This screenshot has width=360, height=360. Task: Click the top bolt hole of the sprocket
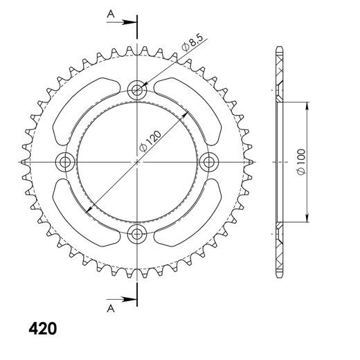coord(137,89)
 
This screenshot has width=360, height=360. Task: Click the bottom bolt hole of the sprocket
coord(137,233)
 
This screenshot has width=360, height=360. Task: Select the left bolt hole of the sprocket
coord(66,161)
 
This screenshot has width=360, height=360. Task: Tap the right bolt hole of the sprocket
coord(208,161)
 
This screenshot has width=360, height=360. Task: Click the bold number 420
coord(43,327)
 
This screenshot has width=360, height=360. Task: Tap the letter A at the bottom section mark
coord(110,309)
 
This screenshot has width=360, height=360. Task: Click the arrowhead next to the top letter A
coord(132,22)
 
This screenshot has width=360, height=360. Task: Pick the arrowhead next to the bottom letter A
coord(132,300)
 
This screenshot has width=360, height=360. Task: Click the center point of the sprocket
coord(137,161)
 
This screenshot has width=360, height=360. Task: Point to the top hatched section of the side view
coord(280,76)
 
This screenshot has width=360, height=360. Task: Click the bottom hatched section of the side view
coord(280,248)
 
